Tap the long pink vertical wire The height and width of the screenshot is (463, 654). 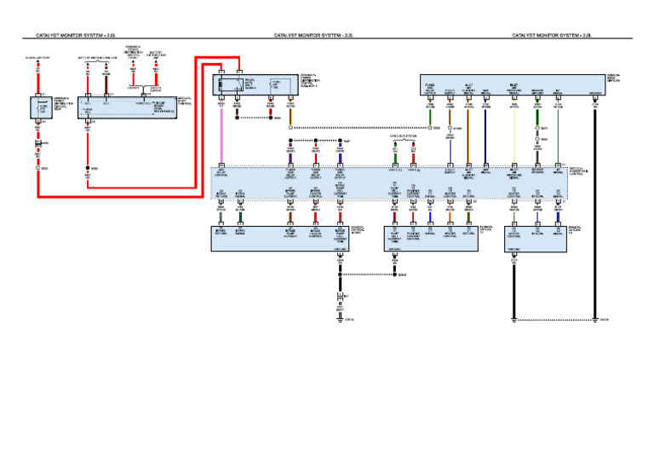tap(221, 136)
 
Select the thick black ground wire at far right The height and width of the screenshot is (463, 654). tap(594, 213)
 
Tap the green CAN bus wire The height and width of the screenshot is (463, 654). tap(395, 159)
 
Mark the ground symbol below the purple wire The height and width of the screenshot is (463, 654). tap(341, 319)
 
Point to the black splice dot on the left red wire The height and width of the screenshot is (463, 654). tap(88, 169)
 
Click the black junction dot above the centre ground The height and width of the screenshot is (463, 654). tap(341, 275)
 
